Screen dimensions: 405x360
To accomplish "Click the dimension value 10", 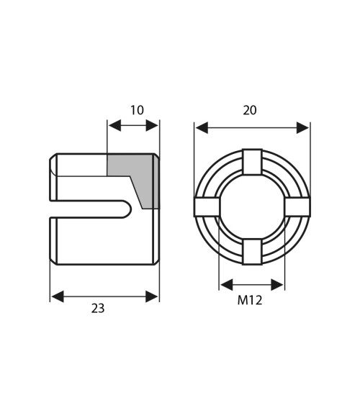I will pyautogui.click(x=137, y=110).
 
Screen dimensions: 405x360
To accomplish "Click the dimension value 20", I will pyautogui.click(x=250, y=110).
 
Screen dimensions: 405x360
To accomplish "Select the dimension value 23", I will pyautogui.click(x=98, y=308).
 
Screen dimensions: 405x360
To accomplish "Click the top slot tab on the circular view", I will pyautogui.click(x=251, y=162).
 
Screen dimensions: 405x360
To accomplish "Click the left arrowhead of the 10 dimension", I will pyautogui.click(x=112, y=126).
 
